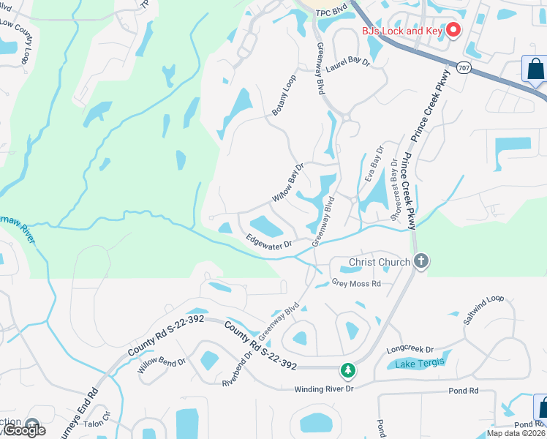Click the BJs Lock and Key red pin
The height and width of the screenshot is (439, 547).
(453, 30)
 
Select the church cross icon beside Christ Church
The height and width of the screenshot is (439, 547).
(420, 260)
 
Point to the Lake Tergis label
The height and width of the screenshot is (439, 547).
(420, 364)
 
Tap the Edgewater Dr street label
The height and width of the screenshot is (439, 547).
(269, 241)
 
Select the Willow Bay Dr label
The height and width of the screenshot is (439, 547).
(287, 184)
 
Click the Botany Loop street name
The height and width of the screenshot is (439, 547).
(284, 96)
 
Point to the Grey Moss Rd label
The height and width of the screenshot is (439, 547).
(356, 283)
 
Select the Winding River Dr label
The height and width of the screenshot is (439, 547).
(323, 389)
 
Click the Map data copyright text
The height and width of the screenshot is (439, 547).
(516, 433)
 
